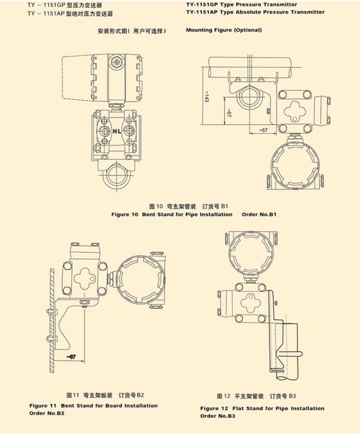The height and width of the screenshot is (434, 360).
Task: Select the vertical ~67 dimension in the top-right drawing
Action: [x=229, y=113]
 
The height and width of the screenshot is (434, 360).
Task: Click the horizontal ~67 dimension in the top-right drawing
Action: [x=263, y=129]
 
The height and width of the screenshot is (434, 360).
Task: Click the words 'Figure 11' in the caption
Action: [x=43, y=406]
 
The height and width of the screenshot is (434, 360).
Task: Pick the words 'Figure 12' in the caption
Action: [x=214, y=408]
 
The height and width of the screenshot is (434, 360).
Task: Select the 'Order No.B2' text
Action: [x=47, y=413]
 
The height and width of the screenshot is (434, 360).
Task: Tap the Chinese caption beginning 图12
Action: [x=257, y=396]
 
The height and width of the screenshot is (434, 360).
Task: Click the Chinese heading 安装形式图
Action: [x=131, y=31]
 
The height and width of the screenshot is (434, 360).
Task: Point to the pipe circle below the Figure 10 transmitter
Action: [x=118, y=177]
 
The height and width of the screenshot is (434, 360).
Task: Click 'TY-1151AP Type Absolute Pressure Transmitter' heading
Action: [x=255, y=12]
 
